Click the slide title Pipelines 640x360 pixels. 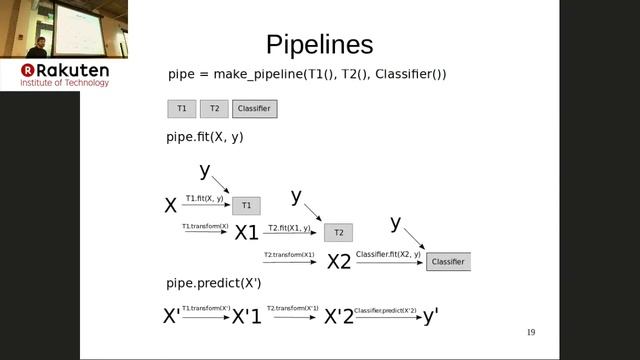319,45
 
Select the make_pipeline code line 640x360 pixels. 307,75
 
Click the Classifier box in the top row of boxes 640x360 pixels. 254,108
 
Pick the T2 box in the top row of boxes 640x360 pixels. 213,108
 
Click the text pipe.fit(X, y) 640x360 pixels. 205,137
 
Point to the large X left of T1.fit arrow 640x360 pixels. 171,206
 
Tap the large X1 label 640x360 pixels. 246,233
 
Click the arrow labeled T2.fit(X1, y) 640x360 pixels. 289,234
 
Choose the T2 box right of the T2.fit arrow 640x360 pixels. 338,233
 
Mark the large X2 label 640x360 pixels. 339,262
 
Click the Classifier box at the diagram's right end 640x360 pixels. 448,262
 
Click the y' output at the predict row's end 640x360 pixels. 430,316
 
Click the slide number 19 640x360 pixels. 531,333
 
